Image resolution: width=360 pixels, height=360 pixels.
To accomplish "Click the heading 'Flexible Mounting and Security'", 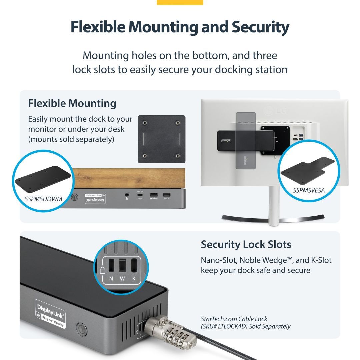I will pyautogui.click(x=180, y=28).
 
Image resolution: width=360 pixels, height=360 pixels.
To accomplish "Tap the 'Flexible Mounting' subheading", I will pyautogui.click(x=72, y=103).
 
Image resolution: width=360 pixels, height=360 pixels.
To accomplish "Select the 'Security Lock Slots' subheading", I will pyautogui.click(x=246, y=245).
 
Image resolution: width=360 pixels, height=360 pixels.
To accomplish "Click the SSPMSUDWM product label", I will pyautogui.click(x=44, y=199).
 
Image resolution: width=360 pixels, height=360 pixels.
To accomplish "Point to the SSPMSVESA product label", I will pyautogui.click(x=309, y=190).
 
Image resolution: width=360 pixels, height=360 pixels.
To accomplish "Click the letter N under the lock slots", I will pyautogui.click(x=110, y=279).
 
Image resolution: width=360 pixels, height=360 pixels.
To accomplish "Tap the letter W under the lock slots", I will pyautogui.click(x=122, y=279).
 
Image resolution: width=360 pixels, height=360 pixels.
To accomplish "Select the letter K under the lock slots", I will pyautogui.click(x=134, y=279).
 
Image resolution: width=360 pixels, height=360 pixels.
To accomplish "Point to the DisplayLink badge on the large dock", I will pyautogui.click(x=50, y=314).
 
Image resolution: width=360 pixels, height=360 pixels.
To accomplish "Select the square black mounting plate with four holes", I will pyautogui.click(x=161, y=139).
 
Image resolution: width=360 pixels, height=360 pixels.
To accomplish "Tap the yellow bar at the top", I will pyautogui.click(x=180, y=2).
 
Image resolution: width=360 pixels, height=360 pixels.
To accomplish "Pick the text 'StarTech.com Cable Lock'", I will pyautogui.click(x=234, y=319).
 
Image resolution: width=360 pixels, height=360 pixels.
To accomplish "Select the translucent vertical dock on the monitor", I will pyautogui.click(x=246, y=140).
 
